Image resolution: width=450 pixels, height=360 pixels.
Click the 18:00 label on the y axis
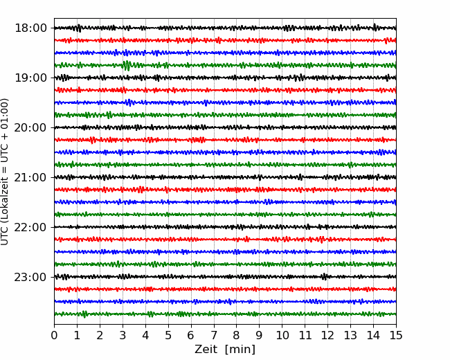[30, 28]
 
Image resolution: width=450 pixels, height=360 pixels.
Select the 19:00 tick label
[30, 78]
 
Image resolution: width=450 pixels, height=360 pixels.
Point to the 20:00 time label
[30, 127]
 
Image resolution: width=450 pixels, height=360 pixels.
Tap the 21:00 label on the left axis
[30, 177]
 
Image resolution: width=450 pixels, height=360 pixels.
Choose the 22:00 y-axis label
[30, 227]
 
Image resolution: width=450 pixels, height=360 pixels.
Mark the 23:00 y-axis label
[30, 277]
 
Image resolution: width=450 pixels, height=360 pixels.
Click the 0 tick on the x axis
[54, 335]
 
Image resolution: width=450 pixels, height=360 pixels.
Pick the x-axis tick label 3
[123, 335]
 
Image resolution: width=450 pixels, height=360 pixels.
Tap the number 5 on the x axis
[168, 335]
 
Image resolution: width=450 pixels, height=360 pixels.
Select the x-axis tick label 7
[214, 335]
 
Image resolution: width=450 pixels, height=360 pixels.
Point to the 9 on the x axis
[260, 335]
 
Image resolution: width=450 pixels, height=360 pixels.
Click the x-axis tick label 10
[282, 335]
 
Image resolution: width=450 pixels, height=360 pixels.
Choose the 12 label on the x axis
[327, 335]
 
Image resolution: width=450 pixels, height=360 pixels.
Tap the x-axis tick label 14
[373, 335]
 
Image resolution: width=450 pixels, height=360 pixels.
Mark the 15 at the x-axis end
[396, 335]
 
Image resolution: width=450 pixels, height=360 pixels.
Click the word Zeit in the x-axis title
[206, 350]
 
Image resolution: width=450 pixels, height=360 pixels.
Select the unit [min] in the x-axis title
[240, 350]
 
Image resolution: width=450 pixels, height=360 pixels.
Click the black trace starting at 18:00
[225, 28]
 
